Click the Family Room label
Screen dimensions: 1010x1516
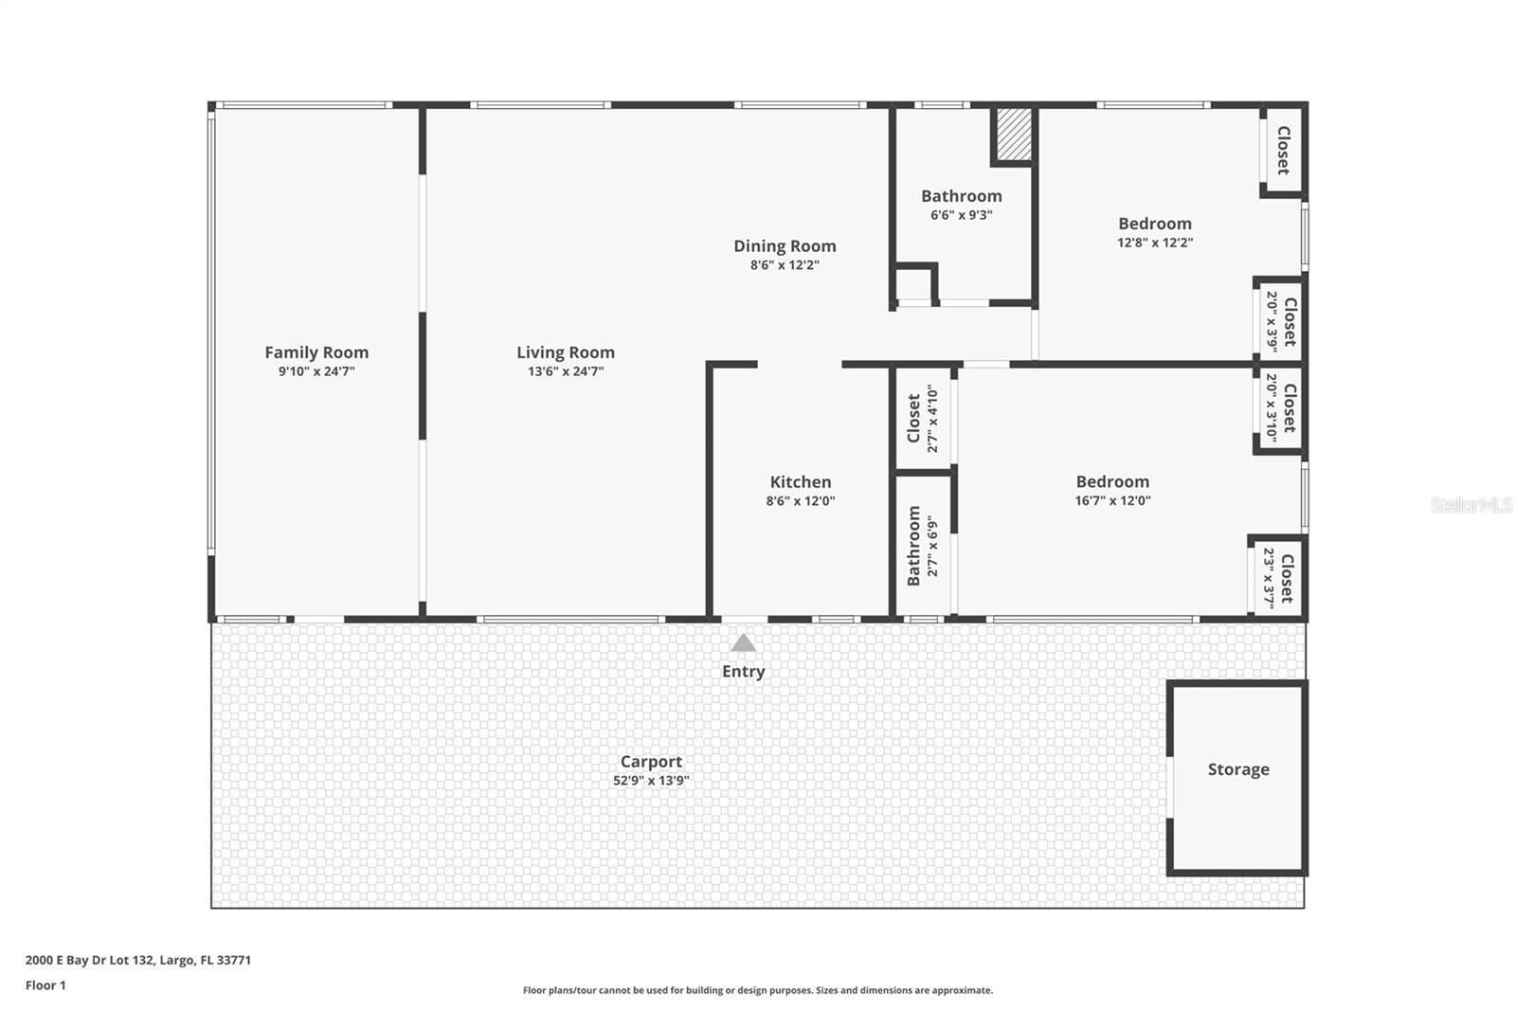point(316,352)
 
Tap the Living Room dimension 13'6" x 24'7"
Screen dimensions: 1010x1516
point(566,371)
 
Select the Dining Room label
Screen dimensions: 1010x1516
point(785,246)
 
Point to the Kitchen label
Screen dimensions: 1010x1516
point(801,482)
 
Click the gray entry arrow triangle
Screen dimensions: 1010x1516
point(744,643)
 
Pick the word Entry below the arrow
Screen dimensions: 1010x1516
point(744,672)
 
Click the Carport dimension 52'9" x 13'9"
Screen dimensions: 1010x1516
point(651,781)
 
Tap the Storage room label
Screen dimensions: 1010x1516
point(1238,769)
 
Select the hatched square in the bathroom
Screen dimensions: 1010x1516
point(1014,135)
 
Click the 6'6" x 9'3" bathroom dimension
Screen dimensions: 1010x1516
point(962,215)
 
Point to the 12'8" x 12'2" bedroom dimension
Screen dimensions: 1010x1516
point(1155,243)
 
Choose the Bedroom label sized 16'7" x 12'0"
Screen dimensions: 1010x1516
point(1112,482)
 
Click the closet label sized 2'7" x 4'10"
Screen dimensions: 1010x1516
point(914,418)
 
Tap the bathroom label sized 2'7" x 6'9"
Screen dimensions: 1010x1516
point(914,546)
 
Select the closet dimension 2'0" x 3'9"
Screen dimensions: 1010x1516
point(1272,319)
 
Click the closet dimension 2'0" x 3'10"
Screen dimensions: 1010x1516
point(1272,407)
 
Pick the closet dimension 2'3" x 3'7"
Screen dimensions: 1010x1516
point(1270,578)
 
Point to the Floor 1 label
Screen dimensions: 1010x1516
point(45,985)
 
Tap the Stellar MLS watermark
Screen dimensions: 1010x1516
point(1471,505)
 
